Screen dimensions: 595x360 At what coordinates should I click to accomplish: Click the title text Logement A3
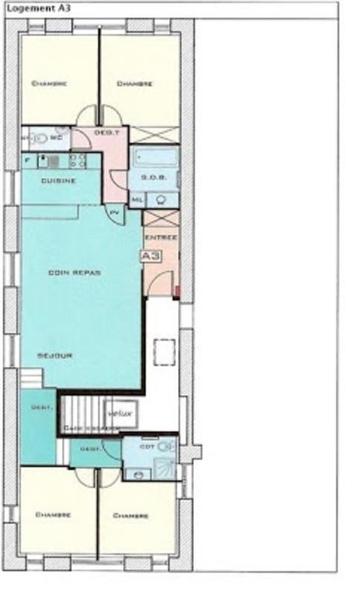pyautogui.click(x=31, y=7)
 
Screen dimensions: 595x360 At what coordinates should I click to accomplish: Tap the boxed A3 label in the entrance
pyautogui.click(x=151, y=255)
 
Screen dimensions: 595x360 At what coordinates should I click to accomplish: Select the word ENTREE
pyautogui.click(x=161, y=237)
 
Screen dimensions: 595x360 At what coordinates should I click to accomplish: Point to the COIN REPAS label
pyautogui.click(x=74, y=272)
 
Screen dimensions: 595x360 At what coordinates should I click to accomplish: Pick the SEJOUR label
pyautogui.click(x=55, y=356)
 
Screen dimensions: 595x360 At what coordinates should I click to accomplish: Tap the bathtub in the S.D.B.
pyautogui.click(x=154, y=158)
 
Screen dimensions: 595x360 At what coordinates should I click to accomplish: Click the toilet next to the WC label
pyautogui.click(x=39, y=138)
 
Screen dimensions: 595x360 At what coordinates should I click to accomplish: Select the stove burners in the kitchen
pyautogui.click(x=77, y=160)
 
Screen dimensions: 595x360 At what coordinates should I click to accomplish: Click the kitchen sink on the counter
pyautogui.click(x=54, y=160)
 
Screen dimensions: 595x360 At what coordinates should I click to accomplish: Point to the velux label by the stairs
pyautogui.click(x=120, y=413)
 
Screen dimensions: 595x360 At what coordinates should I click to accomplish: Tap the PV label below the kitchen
pyautogui.click(x=115, y=213)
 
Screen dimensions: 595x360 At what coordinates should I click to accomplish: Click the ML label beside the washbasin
pyautogui.click(x=138, y=199)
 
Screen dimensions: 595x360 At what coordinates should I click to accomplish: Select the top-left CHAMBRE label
pyautogui.click(x=50, y=84)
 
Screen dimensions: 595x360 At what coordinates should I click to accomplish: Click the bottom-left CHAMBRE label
pyautogui.click(x=53, y=515)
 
